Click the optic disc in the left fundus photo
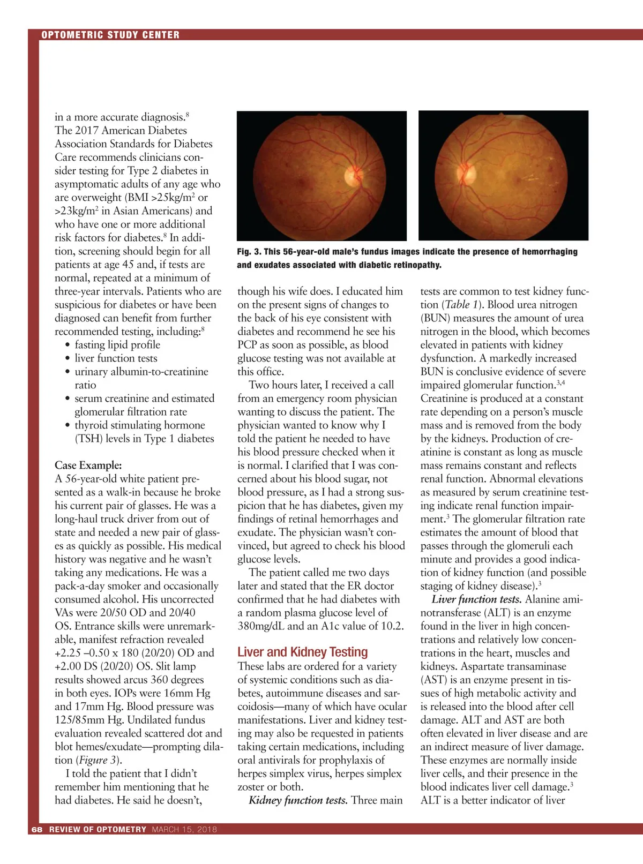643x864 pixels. point(353,175)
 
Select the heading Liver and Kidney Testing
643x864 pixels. point(302,652)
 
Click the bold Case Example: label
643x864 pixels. point(88,465)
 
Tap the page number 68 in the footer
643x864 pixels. point(36,829)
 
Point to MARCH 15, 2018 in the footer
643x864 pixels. point(184,829)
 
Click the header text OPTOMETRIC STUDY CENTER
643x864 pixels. point(110,35)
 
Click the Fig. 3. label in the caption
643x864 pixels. point(249,252)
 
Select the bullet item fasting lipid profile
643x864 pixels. point(117,344)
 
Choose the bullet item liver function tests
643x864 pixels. point(116,358)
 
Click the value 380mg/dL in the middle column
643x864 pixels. point(261,626)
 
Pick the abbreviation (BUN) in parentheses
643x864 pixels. point(435,318)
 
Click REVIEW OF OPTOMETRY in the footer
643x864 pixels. point(98,829)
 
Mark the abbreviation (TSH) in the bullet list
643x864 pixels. point(88,438)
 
